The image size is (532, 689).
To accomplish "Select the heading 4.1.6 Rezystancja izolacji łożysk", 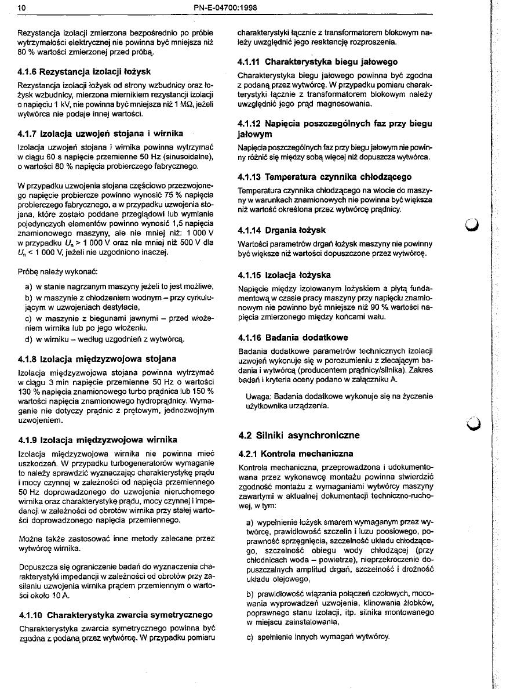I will point(85,72).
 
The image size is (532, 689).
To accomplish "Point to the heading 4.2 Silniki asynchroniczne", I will point(299,435).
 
